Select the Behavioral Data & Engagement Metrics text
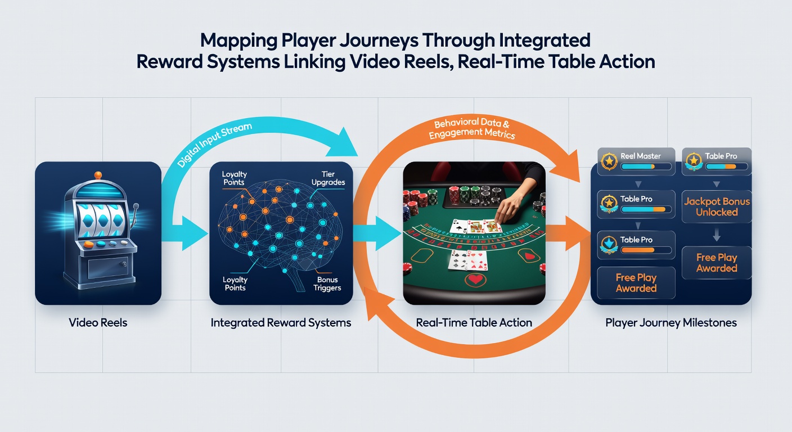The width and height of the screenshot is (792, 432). [x=472, y=128]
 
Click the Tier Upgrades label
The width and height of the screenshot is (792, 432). [x=328, y=178]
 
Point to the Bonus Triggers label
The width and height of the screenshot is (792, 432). [x=327, y=283]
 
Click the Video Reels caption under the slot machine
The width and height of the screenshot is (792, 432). [x=98, y=322]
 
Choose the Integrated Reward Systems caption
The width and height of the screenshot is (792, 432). [x=281, y=322]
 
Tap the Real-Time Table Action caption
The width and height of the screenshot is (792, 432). [x=474, y=322]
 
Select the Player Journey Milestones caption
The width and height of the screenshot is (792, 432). [x=671, y=322]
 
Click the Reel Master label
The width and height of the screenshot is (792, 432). [x=640, y=156]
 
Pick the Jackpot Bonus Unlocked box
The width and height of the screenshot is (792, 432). [x=717, y=207]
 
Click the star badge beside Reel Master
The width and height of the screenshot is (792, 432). [x=609, y=161]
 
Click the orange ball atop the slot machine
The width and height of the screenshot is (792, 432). [x=98, y=175]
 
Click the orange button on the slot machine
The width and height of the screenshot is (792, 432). [x=88, y=244]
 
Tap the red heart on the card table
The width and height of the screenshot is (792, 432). [x=475, y=280]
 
